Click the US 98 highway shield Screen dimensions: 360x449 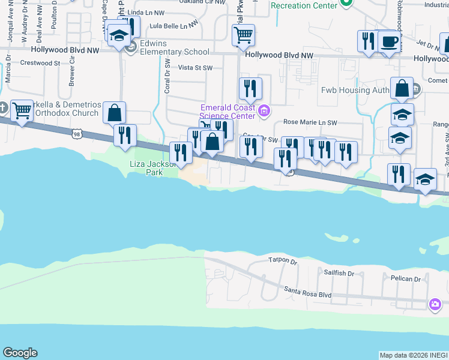tap(76, 134)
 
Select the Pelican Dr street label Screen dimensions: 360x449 tap(405, 279)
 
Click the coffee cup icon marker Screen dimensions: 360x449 tap(390, 42)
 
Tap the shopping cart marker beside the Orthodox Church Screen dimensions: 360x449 tap(22, 110)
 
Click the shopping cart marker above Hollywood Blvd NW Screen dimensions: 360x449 tap(243, 35)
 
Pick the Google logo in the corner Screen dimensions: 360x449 tap(20, 353)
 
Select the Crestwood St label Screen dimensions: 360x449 tap(40, 62)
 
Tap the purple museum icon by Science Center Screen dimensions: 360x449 tap(263, 111)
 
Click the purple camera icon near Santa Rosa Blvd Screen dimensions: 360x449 tap(435, 305)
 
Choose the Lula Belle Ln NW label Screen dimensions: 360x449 tap(173, 26)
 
